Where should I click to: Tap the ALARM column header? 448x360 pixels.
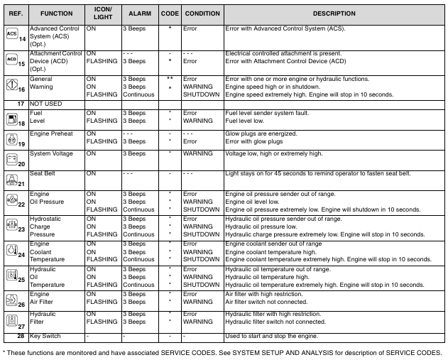(138, 13)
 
